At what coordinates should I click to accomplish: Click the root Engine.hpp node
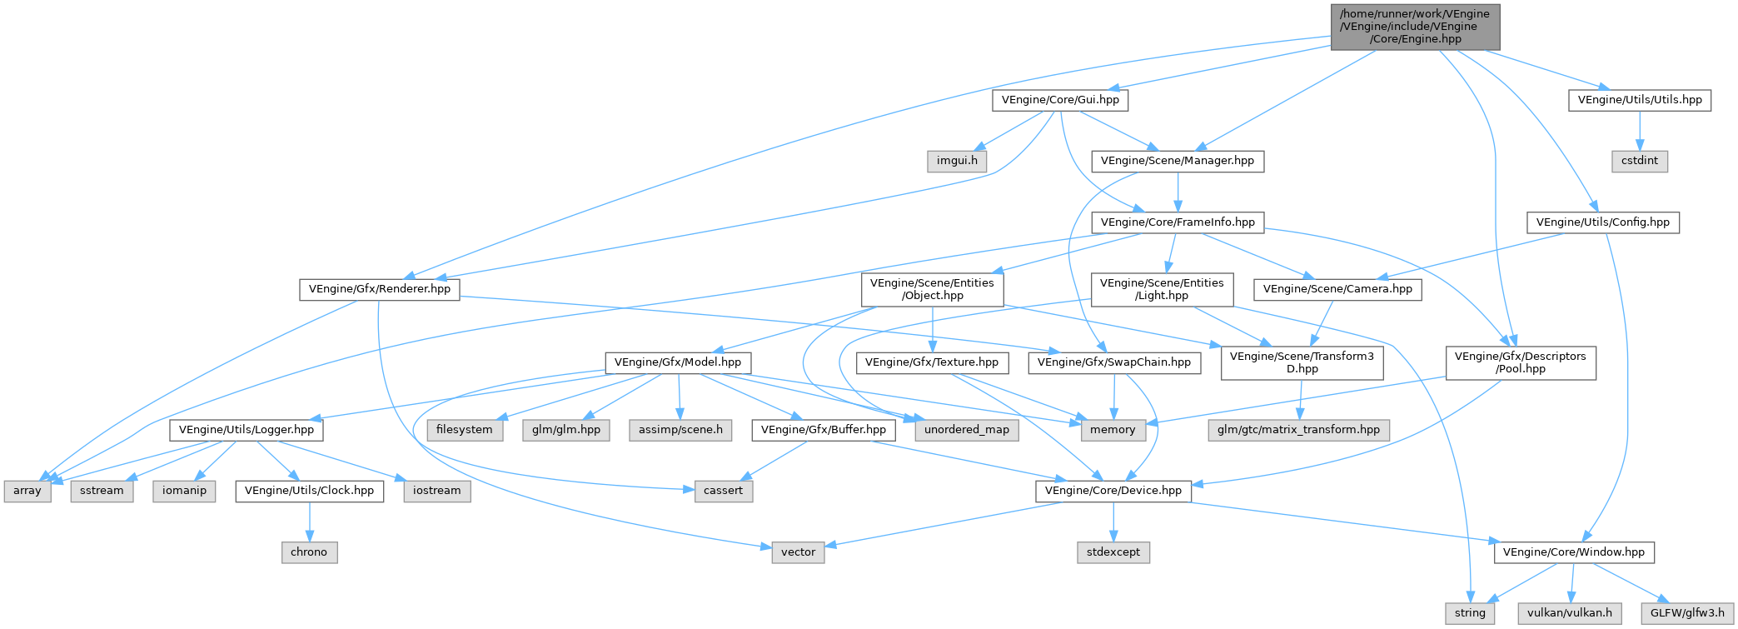[x=1415, y=27]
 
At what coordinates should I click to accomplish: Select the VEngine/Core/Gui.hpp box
[x=1060, y=100]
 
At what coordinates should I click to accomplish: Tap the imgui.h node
[x=957, y=161]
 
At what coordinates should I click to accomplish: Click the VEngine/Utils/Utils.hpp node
[x=1639, y=100]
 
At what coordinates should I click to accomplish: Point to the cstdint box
[x=1639, y=161]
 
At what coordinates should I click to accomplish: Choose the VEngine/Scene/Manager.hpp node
[x=1177, y=161]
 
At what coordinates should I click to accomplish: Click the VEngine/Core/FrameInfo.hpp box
[x=1177, y=222]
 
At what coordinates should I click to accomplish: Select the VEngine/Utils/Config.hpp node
[x=1602, y=222]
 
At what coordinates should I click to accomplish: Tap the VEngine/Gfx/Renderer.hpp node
[x=379, y=289]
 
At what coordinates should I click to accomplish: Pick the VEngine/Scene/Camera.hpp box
[x=1337, y=289]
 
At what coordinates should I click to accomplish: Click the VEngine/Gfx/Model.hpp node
[x=678, y=362]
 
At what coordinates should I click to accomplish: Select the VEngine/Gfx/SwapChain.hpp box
[x=1113, y=362]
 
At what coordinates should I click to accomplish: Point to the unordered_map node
[x=966, y=430]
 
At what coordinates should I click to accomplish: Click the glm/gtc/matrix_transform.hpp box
[x=1298, y=430]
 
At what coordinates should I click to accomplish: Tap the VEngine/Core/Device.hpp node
[x=1113, y=491]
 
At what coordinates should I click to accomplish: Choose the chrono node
[x=309, y=552]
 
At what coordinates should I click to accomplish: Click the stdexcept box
[x=1113, y=552]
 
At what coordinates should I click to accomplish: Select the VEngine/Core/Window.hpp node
[x=1573, y=552]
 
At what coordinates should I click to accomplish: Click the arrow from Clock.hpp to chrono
[x=309, y=522]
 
